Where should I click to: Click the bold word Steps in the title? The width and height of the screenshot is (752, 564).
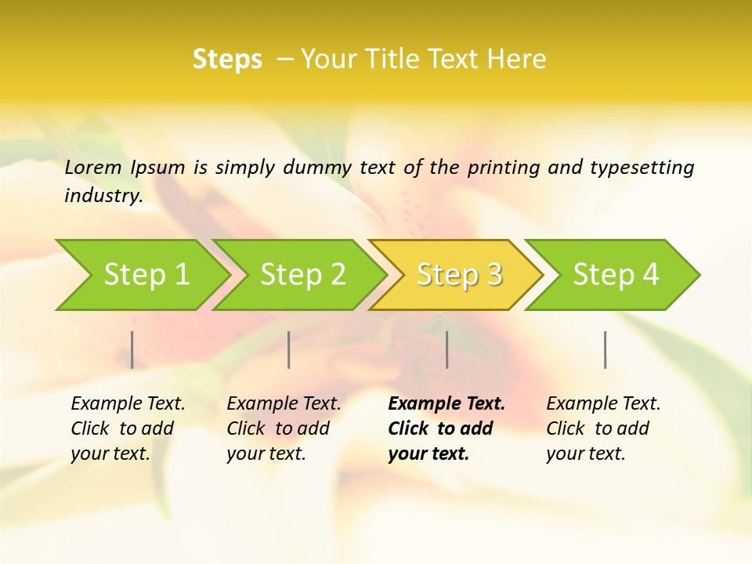pos(227,60)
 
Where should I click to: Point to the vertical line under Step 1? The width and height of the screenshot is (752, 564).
pos(132,349)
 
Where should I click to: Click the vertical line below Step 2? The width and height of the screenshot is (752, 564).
pos(289,349)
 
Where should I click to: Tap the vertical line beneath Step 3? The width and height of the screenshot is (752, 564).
pos(446,349)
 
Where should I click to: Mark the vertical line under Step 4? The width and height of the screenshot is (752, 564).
pos(605,349)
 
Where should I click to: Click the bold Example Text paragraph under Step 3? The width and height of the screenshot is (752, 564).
pos(446,428)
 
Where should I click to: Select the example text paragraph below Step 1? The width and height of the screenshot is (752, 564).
pos(128,428)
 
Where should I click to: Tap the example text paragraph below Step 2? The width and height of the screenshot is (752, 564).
pos(284,428)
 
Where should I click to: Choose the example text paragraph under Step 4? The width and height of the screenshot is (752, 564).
pos(603,428)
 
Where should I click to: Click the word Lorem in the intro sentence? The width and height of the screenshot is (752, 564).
pos(93,167)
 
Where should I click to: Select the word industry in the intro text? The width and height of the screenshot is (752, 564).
pos(103,196)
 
